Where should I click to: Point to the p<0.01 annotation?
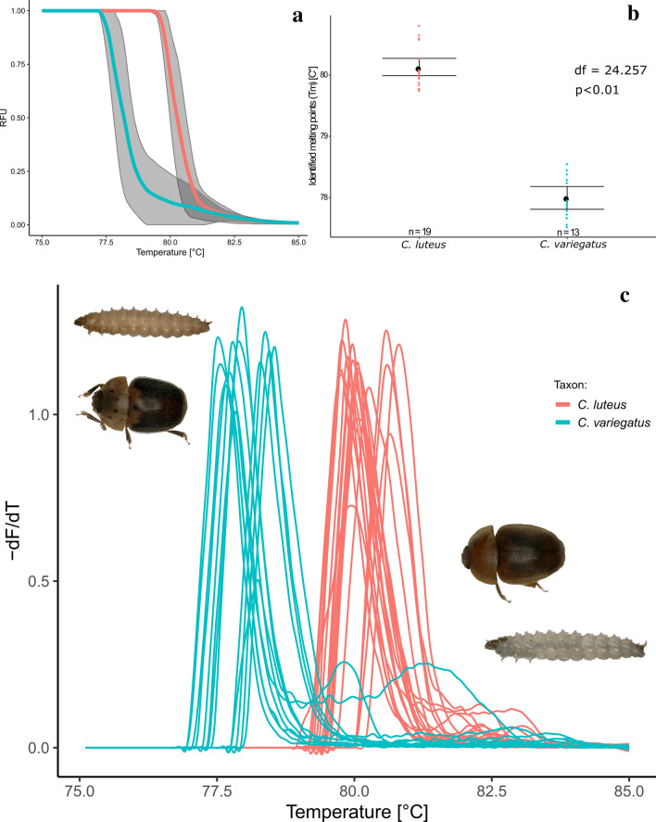[599, 90]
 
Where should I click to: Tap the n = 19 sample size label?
[419, 229]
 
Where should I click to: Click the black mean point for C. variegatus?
[565, 198]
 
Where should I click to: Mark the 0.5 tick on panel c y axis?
[38, 581]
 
